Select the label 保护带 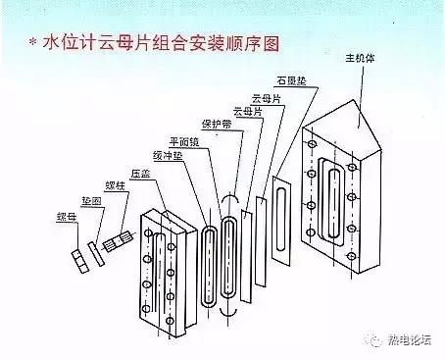coord(214,125)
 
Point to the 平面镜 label coord(185,140)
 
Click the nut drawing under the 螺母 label coord(79,257)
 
